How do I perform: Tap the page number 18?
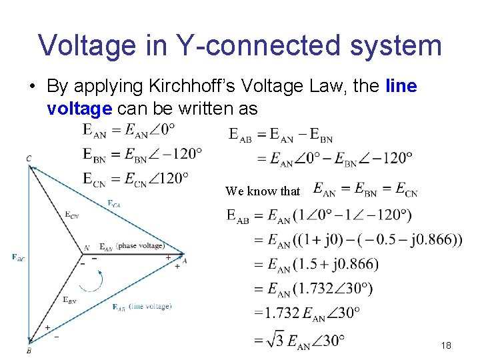446,345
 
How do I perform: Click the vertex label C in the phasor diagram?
29,159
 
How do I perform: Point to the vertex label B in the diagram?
29,350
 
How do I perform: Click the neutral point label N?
86,248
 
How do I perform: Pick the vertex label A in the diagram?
185,261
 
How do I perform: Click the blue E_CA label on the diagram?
114,203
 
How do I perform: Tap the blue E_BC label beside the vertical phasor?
18,257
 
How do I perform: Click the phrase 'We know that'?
263,191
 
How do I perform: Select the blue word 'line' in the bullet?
401,87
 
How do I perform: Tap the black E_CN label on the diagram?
72,214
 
